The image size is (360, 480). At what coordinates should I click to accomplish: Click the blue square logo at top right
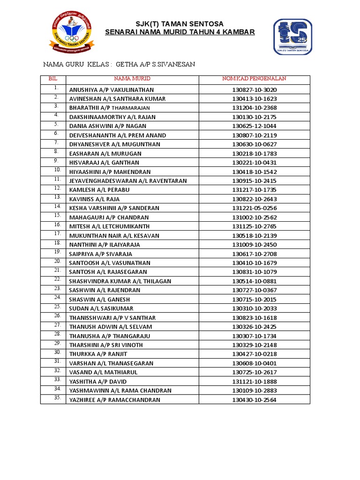pyautogui.click(x=293, y=37)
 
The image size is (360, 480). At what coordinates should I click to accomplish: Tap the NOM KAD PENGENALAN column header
pyautogui.click(x=254, y=79)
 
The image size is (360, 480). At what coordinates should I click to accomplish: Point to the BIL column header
pyautogui.click(x=52, y=79)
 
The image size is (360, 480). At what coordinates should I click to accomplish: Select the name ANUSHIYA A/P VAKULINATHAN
pyautogui.click(x=112, y=90)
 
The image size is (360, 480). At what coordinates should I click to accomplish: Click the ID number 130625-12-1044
pyautogui.click(x=255, y=126)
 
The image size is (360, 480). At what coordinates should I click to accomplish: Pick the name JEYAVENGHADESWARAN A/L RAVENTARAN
pyautogui.click(x=128, y=181)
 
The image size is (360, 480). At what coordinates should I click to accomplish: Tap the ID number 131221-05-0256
pyautogui.click(x=255, y=208)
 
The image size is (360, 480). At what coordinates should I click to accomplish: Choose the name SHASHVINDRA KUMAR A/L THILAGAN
pyautogui.click(x=120, y=281)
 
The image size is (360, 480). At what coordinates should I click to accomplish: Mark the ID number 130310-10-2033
pyautogui.click(x=255, y=308)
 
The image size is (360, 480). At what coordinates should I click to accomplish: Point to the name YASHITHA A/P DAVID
pyautogui.click(x=98, y=382)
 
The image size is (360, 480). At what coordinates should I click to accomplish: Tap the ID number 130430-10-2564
pyautogui.click(x=255, y=400)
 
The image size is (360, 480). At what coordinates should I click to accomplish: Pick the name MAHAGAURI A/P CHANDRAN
pyautogui.click(x=109, y=217)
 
